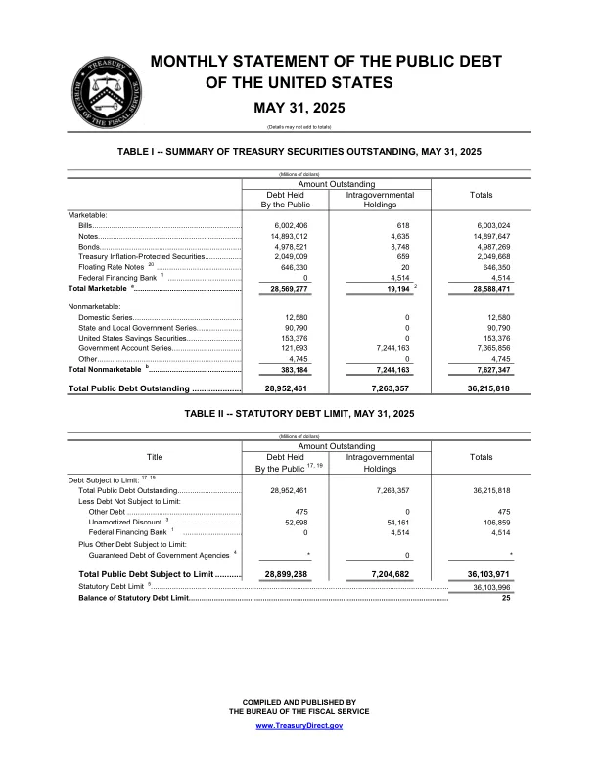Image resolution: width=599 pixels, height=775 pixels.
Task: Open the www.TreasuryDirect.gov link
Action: click(299, 725)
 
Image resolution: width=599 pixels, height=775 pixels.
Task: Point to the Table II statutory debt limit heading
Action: click(299, 415)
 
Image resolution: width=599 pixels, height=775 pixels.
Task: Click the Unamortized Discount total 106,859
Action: click(494, 522)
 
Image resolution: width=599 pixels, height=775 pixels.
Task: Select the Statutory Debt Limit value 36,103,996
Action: click(481, 586)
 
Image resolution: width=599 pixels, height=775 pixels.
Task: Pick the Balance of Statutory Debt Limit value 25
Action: click(506, 597)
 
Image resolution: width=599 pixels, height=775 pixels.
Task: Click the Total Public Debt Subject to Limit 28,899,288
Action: click(289, 573)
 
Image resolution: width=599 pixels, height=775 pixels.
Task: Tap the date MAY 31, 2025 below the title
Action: click(299, 107)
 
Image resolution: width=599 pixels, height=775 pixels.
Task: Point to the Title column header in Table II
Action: click(154, 456)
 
